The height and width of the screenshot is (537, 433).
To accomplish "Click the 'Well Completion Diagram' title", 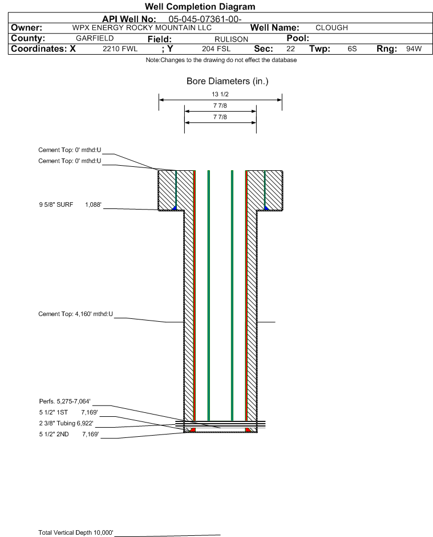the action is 200,6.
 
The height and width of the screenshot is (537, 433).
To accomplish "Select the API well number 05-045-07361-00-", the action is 205,19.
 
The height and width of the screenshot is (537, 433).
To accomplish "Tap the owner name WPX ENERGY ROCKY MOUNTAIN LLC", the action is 141,28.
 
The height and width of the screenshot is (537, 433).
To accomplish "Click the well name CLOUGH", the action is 331,28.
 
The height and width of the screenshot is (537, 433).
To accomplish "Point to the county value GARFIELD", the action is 95,38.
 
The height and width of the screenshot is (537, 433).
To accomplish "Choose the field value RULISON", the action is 231,39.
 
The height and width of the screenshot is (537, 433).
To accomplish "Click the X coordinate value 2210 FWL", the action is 120,48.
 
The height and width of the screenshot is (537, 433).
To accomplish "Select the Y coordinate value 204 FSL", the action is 216,48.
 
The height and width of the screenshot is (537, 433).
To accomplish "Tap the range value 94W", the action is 414,48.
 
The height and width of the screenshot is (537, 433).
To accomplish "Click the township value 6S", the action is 352,48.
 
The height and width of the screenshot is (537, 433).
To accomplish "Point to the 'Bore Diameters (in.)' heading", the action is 228,81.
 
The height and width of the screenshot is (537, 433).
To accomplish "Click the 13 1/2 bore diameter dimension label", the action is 220,94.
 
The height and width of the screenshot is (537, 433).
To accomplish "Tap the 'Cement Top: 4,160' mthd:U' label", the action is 75,314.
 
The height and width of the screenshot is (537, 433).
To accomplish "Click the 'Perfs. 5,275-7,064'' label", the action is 65,401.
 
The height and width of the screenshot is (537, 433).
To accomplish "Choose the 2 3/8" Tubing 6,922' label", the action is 66,423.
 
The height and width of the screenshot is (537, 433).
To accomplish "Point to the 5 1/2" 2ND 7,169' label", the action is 69,434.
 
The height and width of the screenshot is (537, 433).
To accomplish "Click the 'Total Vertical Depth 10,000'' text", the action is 76,532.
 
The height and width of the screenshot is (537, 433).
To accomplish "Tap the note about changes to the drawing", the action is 221,60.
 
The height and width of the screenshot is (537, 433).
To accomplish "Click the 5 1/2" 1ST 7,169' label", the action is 68,412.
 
